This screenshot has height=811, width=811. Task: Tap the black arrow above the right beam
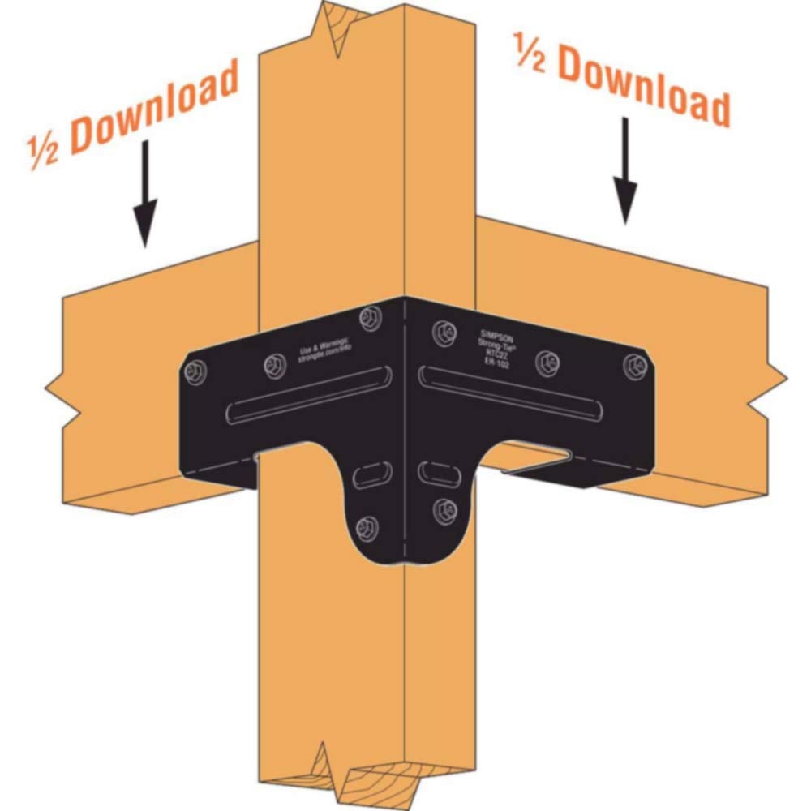[624, 170]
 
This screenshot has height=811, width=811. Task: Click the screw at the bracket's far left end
[196, 371]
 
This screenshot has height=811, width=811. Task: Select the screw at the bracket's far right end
[635, 365]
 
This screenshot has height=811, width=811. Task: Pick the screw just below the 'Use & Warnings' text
[272, 367]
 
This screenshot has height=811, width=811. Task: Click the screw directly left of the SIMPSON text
[442, 330]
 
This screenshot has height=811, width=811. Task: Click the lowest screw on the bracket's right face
[444, 508]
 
